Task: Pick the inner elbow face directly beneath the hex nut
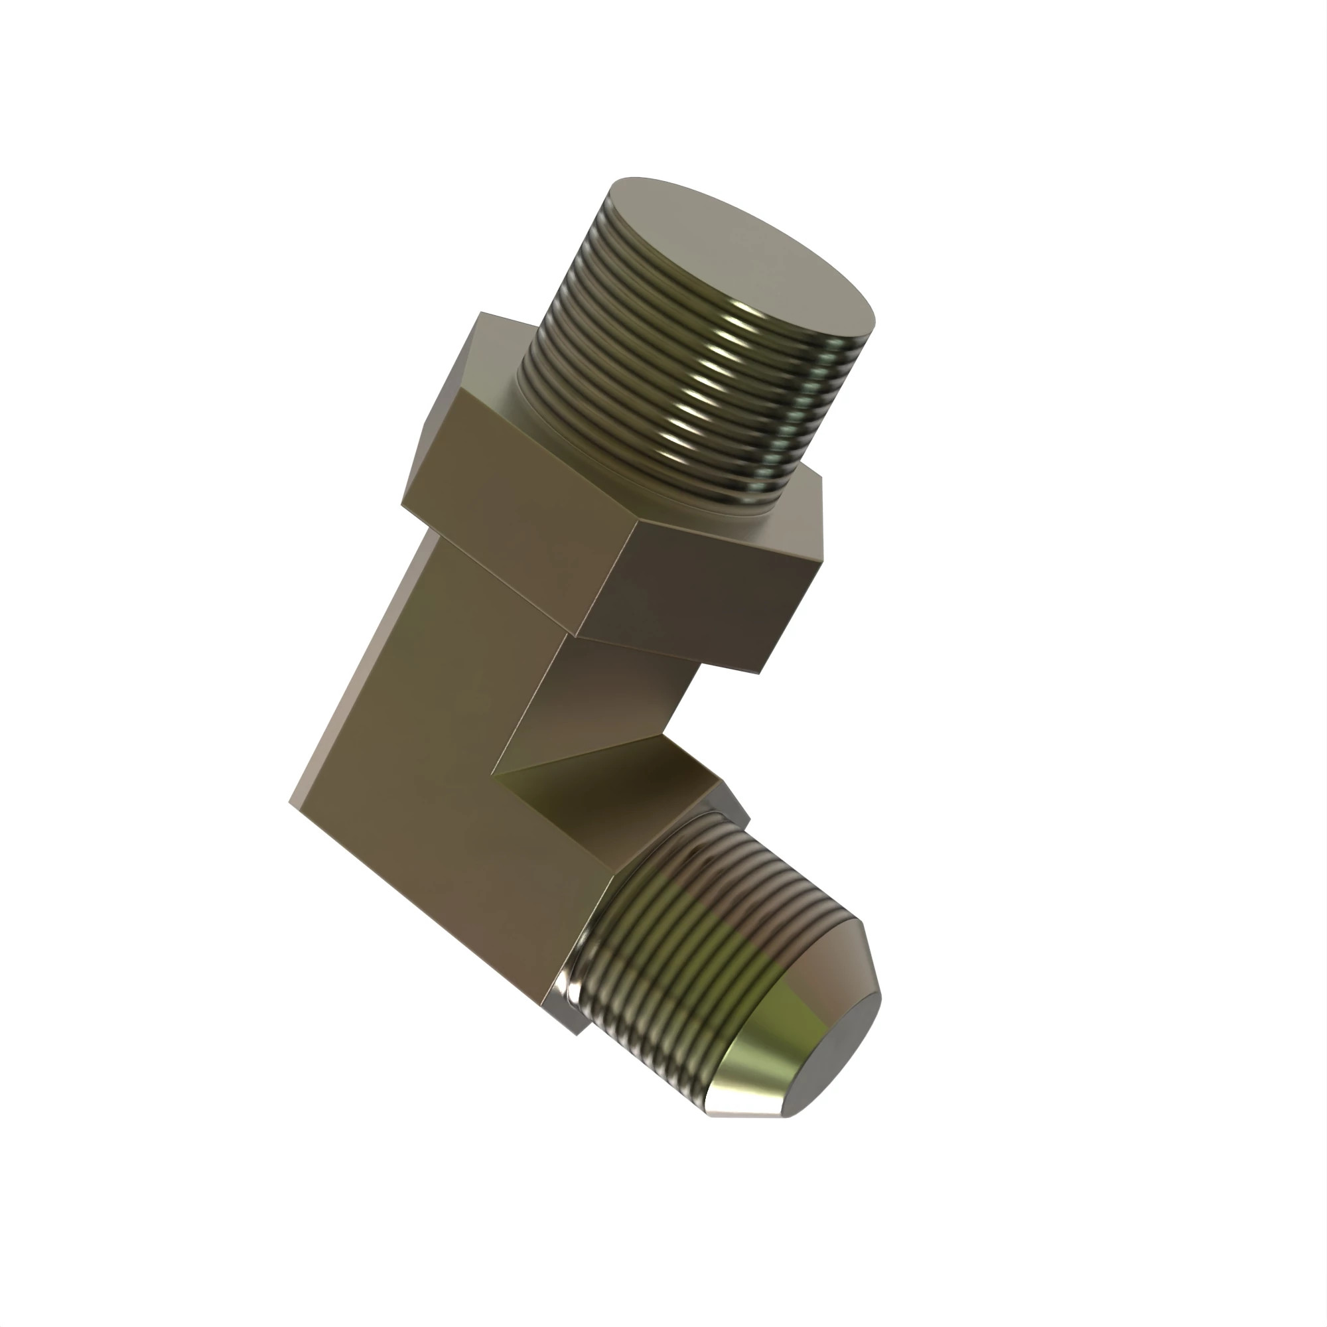click(604, 694)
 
